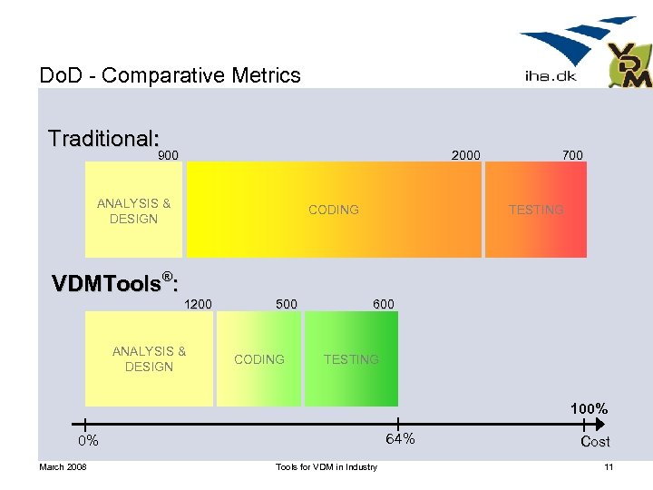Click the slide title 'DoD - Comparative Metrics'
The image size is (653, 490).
point(171,75)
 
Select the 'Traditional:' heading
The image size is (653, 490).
point(104,139)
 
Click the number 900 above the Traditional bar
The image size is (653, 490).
point(169,155)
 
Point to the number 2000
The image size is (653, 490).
point(466,155)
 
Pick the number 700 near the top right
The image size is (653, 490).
point(572,155)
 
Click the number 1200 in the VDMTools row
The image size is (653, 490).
point(198,304)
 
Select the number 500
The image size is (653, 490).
point(286,304)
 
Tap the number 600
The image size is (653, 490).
point(384,304)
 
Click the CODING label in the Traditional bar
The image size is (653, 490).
point(333,210)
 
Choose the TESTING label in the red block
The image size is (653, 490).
point(536,210)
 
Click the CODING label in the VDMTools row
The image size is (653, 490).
point(259,359)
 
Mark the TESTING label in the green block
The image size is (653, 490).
point(351,359)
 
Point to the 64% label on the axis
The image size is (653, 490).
point(400,439)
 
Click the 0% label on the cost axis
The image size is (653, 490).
point(88,441)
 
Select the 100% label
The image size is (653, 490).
point(589,409)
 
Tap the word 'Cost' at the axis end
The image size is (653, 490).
point(595,442)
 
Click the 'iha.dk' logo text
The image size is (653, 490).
point(551,77)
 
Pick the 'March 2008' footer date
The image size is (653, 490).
point(63,467)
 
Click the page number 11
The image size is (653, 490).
point(609,467)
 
